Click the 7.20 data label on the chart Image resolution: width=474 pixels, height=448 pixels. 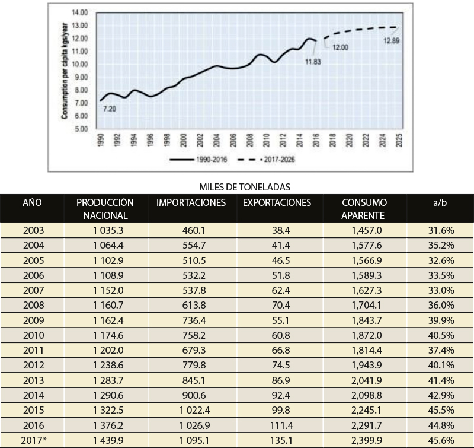[x=110, y=109]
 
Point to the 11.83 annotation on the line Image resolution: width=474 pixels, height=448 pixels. [x=313, y=62]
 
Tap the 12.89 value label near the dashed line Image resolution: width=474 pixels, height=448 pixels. [x=392, y=40]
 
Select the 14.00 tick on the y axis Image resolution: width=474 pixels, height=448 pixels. [x=80, y=12]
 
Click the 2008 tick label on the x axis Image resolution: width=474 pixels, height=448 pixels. [x=249, y=140]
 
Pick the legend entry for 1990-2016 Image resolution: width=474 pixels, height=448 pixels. [x=198, y=160]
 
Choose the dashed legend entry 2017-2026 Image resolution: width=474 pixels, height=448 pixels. [x=266, y=160]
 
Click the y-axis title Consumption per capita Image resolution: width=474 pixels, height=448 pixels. [x=65, y=71]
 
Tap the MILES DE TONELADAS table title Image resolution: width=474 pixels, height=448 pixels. [x=245, y=187]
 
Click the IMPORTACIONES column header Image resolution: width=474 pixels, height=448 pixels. [x=191, y=202]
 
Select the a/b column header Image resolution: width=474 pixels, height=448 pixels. [x=440, y=202]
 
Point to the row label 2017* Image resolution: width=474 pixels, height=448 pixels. [x=34, y=440]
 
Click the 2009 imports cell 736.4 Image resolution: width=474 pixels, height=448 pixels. [x=194, y=320]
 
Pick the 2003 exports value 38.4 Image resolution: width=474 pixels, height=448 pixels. [x=281, y=230]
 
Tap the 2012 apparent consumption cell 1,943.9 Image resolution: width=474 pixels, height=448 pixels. [x=366, y=365]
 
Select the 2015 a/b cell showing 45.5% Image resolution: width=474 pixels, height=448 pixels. [x=441, y=410]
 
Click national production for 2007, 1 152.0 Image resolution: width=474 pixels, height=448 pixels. [x=108, y=290]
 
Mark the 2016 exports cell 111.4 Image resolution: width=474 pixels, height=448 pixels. [x=281, y=425]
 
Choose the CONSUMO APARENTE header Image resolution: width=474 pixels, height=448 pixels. [x=364, y=209]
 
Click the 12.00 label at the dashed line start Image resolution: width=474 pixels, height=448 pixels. [x=340, y=47]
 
